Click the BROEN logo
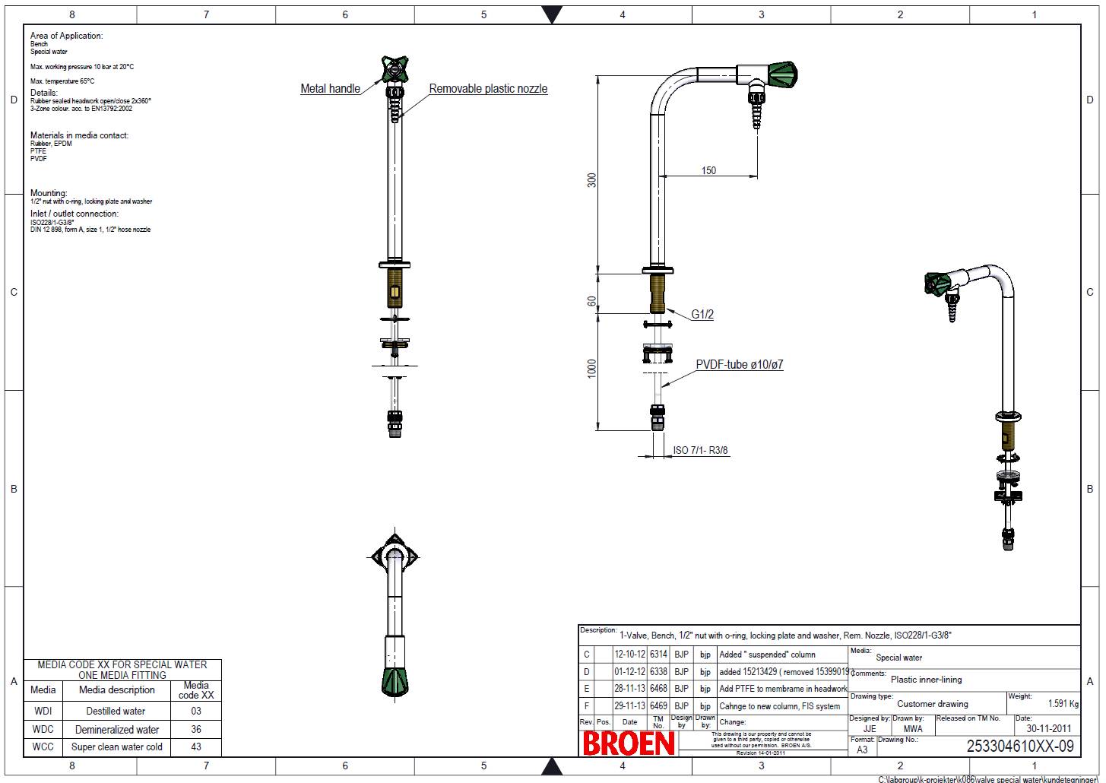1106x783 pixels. (x=629, y=743)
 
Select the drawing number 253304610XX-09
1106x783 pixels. (x=1019, y=747)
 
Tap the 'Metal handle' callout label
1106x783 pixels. (x=330, y=89)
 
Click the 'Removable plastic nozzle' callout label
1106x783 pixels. (x=488, y=89)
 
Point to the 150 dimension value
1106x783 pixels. (x=708, y=170)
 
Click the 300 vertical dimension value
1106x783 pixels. (x=592, y=179)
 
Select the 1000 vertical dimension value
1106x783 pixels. (x=592, y=368)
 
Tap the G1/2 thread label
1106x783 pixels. (x=702, y=315)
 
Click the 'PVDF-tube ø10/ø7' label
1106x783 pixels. (x=739, y=365)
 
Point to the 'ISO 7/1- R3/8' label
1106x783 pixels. (x=700, y=451)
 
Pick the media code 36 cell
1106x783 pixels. (x=196, y=729)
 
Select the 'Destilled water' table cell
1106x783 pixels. (x=116, y=712)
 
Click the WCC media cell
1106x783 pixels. (x=43, y=747)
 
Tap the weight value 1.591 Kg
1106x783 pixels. (x=1063, y=704)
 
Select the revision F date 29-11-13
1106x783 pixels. (x=629, y=706)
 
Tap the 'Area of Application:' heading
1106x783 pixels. (x=66, y=36)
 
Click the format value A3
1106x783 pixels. (x=862, y=750)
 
